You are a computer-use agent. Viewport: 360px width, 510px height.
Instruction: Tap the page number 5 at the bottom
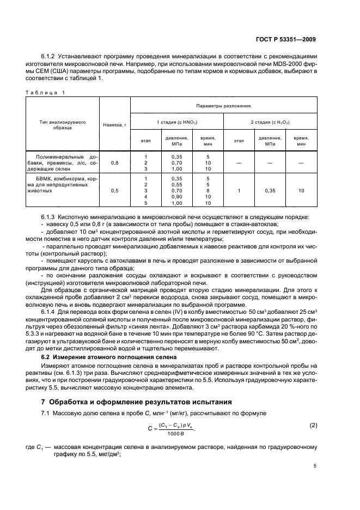[315, 465]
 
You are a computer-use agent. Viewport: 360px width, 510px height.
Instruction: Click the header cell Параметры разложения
[224, 105]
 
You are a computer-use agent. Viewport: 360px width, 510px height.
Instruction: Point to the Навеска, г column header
[114, 125]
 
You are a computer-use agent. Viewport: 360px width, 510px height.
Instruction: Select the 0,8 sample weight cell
[114, 163]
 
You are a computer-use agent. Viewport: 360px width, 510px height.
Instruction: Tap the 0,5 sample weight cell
[114, 190]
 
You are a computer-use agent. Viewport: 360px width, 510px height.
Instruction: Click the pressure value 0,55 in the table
[176, 184]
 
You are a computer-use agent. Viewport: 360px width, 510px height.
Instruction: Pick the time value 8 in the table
[208, 190]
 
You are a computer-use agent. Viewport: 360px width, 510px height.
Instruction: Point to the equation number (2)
[313, 425]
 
